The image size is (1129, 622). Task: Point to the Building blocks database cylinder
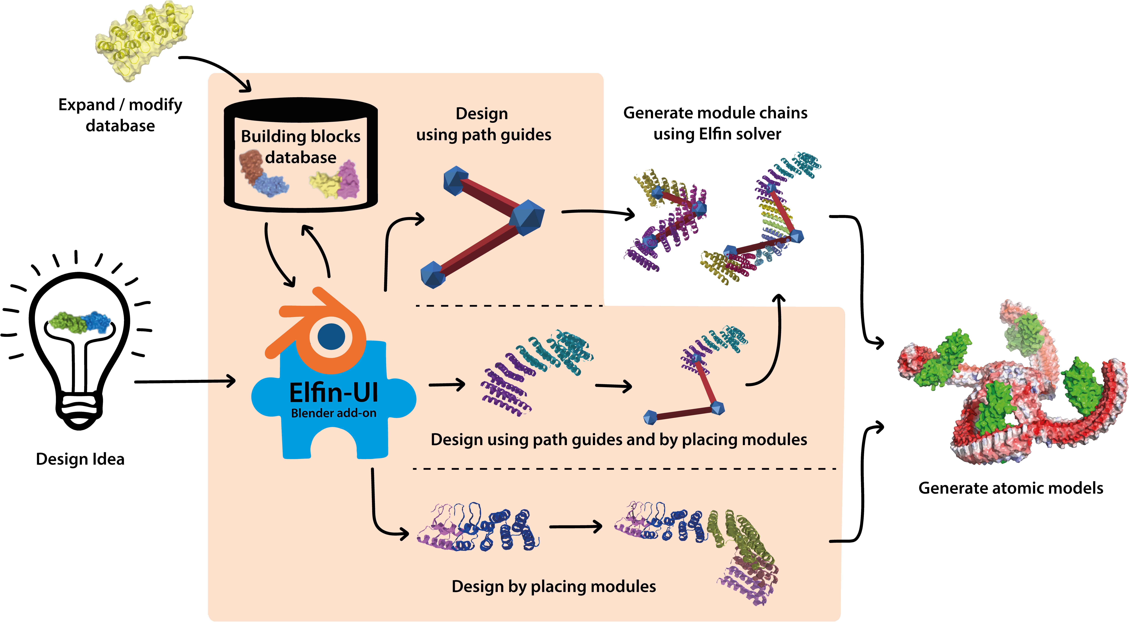301,156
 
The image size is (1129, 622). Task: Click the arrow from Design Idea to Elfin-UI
184,381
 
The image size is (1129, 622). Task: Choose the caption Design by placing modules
554,586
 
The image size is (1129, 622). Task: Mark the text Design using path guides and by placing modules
618,439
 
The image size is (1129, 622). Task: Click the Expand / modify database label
120,115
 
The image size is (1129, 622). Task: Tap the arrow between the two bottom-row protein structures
575,526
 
